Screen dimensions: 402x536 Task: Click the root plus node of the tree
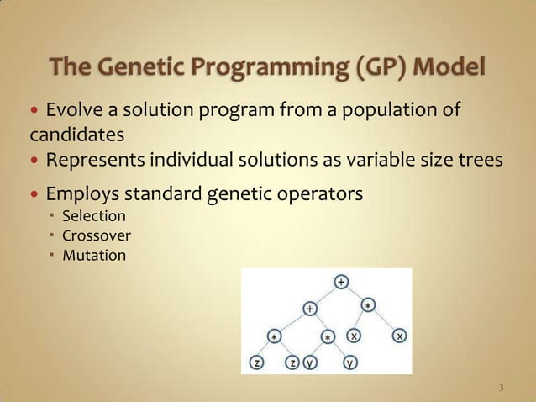tap(341, 281)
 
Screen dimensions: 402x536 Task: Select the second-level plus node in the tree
tap(310, 309)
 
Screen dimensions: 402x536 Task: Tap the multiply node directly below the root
tap(369, 304)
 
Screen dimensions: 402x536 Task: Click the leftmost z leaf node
tap(256, 363)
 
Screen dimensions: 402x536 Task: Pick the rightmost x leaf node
tap(401, 336)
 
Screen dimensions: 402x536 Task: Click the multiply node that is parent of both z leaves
tap(274, 336)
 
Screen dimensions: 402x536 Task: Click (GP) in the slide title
tap(381, 65)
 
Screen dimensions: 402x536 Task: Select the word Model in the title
tap(454, 65)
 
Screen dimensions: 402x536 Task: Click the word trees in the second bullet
tap(480, 160)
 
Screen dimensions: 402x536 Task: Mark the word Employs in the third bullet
tap(81, 194)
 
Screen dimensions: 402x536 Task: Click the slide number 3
tap(501, 388)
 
